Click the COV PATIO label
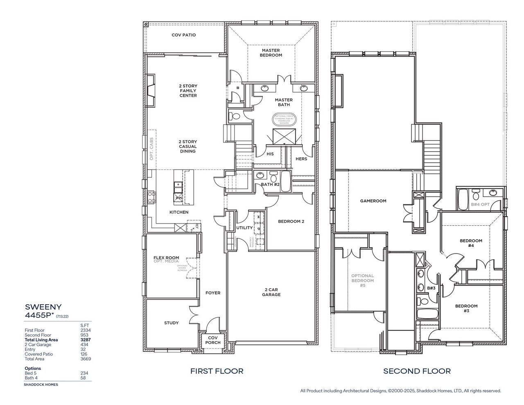[x=183, y=35]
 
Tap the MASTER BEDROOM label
[x=271, y=53]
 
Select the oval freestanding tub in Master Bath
[x=284, y=119]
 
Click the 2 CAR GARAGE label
[x=271, y=292]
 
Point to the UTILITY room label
[x=244, y=228]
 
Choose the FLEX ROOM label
[x=166, y=258]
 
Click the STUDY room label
[x=171, y=323]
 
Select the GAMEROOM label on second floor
[x=373, y=201]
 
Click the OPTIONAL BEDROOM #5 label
[x=362, y=281]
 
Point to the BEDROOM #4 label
[x=470, y=243]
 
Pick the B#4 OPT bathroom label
[x=480, y=204]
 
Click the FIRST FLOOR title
[x=217, y=371]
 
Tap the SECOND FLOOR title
[x=417, y=371]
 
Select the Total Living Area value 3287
[x=86, y=340]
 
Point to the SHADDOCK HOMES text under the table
[x=41, y=385]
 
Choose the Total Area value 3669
[x=86, y=359]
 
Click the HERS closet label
[x=301, y=159]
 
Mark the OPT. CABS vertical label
[x=151, y=148]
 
